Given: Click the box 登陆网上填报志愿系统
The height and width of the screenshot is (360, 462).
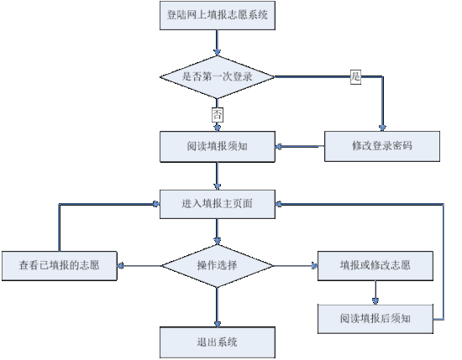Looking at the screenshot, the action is tap(218, 15).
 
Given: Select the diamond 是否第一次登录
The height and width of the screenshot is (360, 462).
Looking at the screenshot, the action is tap(218, 77).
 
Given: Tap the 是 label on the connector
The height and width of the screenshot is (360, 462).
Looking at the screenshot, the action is tap(355, 77).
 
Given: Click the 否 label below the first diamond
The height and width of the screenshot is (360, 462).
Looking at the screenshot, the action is tap(218, 114).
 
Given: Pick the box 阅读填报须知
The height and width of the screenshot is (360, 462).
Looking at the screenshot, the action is tap(218, 147).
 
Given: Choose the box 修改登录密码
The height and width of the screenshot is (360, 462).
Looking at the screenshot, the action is tap(382, 146).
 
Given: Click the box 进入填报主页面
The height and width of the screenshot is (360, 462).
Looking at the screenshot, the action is tap(218, 204).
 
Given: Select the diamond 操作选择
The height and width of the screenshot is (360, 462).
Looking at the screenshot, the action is tap(218, 266).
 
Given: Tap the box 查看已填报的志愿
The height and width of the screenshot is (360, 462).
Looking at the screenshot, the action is tap(60, 266).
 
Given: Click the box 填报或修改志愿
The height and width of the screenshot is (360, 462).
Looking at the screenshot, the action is tap(375, 266).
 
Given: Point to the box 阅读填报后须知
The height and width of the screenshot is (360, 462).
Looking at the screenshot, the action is tap(375, 319).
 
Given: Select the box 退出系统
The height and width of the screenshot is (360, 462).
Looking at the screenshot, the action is tap(218, 342).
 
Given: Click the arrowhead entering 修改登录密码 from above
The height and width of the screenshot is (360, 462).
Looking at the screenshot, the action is tap(382, 128).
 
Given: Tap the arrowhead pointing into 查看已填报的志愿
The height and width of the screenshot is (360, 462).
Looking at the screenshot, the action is tap(120, 266).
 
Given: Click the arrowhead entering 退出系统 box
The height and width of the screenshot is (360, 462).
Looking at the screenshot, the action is tap(218, 324).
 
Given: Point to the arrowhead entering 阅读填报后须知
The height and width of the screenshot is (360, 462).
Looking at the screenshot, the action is tap(375, 301).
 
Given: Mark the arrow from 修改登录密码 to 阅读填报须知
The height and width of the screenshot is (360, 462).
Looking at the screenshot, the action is tap(300, 146).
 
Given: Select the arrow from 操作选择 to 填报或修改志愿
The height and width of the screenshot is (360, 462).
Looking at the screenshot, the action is tap(296, 266).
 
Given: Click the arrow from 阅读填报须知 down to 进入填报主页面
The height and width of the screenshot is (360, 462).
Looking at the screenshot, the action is tap(218, 176).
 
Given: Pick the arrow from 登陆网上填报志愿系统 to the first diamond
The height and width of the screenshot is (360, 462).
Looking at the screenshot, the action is tap(218, 43).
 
